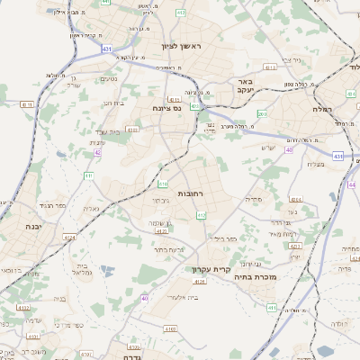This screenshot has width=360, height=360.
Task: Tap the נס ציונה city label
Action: [166, 107]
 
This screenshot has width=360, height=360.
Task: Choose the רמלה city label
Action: [344, 107]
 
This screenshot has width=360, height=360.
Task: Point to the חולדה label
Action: [338, 323]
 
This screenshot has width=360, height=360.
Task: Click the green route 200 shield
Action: [262, 113]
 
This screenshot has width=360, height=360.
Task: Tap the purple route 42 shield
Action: [96, 152]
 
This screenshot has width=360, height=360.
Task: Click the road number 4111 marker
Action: [27, 104]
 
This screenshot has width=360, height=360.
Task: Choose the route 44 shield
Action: [352, 184]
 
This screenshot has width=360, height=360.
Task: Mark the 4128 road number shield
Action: [200, 282]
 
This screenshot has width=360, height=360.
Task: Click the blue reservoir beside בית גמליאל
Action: [107, 270]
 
